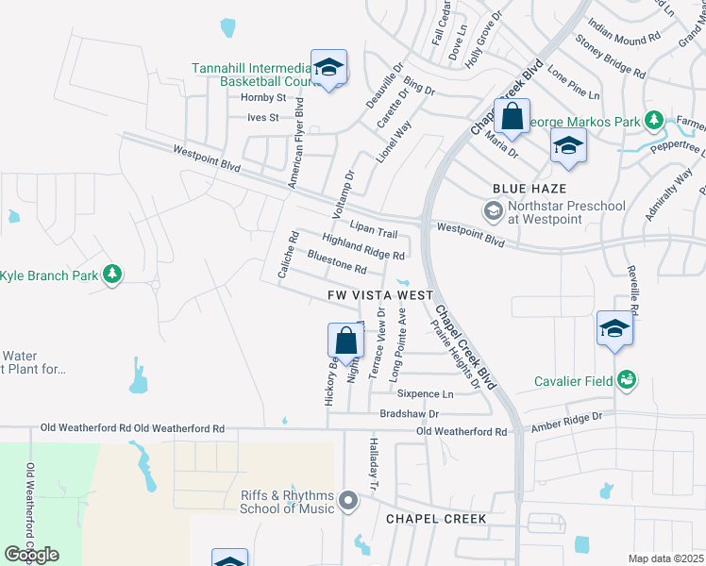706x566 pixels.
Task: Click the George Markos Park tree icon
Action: coord(652,121)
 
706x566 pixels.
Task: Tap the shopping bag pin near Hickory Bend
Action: coord(346,341)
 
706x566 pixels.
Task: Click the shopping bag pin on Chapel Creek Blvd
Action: coord(512,118)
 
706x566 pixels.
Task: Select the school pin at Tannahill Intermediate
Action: coord(328,68)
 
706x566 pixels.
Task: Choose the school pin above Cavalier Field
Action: coord(614,330)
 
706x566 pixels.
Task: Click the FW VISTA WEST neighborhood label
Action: coord(380,295)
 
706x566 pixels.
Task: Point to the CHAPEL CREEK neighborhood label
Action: coord(435,519)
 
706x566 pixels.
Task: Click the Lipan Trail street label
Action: coord(374,229)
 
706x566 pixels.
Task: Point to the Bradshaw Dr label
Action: coord(410,413)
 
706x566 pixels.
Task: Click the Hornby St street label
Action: coord(263,98)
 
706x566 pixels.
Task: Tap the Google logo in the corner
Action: coord(32,555)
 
